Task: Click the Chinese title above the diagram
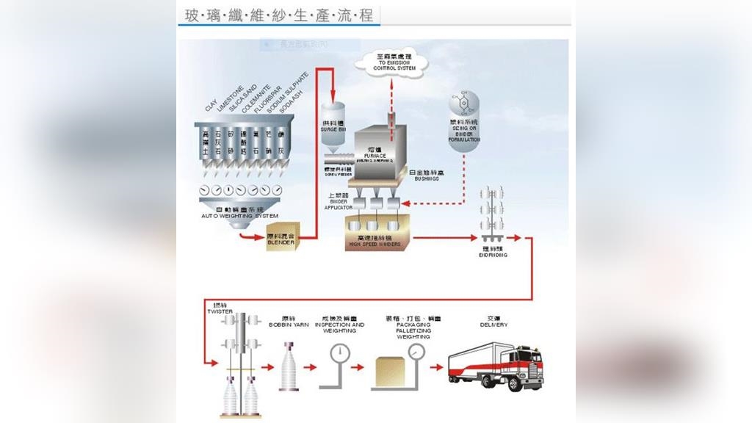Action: pyautogui.click(x=279, y=15)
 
